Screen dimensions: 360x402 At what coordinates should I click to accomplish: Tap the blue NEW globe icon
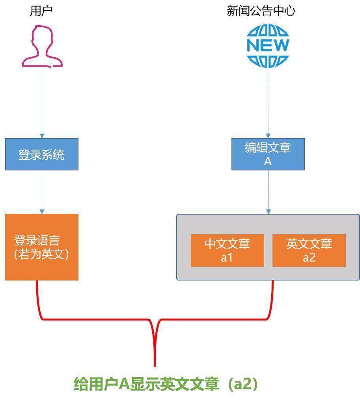[x=268, y=46]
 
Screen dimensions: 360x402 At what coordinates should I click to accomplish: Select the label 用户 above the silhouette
[x=41, y=11]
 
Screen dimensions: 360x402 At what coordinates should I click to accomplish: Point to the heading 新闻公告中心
[x=261, y=11]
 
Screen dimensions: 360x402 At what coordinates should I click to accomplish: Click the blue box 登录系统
[x=42, y=154]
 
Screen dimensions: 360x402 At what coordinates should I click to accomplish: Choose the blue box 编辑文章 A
[x=268, y=154]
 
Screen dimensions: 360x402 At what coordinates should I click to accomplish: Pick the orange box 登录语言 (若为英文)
[x=42, y=247]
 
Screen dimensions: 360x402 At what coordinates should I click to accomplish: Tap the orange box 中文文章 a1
[x=227, y=251]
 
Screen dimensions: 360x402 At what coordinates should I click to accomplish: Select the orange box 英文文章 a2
[x=309, y=251]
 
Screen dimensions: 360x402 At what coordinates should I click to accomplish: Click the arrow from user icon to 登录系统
[x=42, y=104]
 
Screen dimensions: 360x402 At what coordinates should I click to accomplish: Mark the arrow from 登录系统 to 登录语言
[x=42, y=192]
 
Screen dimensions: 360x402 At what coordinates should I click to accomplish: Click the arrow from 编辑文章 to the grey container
[x=268, y=192]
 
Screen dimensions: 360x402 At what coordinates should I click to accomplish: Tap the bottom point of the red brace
[x=155, y=366]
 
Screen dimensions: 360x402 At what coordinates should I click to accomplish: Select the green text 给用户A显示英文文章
[x=146, y=384]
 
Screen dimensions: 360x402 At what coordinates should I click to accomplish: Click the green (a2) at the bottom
[x=242, y=384]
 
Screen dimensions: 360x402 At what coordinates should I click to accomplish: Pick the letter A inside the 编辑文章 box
[x=268, y=161]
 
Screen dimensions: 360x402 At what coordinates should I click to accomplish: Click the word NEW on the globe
[x=268, y=45]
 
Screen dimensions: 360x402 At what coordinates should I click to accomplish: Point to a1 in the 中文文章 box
[x=227, y=257]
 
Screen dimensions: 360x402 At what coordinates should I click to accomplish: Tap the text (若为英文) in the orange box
[x=41, y=254]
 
